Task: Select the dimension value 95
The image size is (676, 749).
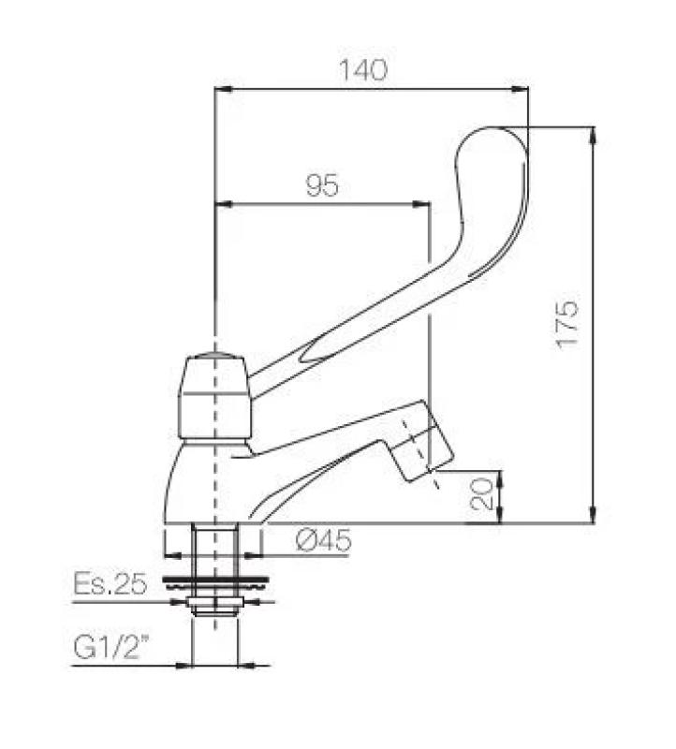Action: click(x=321, y=185)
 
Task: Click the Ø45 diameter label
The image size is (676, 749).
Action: click(x=322, y=540)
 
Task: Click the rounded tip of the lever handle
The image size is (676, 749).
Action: click(x=493, y=150)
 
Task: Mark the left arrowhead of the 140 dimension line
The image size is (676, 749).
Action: click(x=221, y=90)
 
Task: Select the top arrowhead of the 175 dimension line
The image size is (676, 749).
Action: click(x=593, y=134)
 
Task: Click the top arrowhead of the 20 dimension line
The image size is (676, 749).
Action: click(x=498, y=476)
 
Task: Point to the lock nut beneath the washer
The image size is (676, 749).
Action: click(x=214, y=602)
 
